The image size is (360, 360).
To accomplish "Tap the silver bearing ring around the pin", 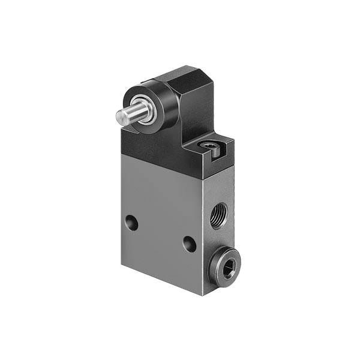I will coord(139,106).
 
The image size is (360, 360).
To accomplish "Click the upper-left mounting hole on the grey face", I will coord(131,224).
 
